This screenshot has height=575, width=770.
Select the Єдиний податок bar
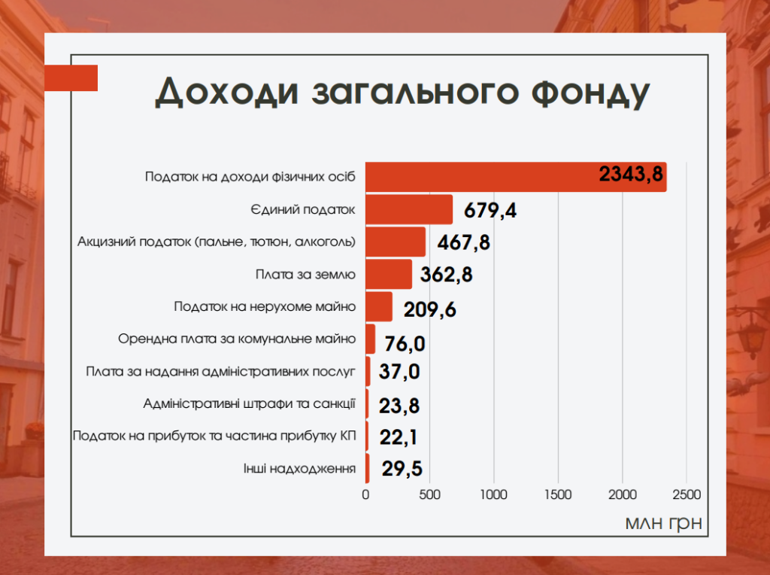pos(409,209)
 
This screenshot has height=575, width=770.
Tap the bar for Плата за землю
pos(389,274)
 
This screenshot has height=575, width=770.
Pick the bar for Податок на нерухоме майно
pos(379,306)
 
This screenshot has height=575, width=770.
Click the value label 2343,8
pos(631,175)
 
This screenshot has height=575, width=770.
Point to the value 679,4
pos(490,210)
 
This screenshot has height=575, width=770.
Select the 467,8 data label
pos(465,242)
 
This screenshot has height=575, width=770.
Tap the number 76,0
pos(405,344)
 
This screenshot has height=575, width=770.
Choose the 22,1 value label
pos(399,437)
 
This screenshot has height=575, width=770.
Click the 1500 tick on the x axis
pos(558,494)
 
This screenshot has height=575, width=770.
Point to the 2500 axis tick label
pos(686,494)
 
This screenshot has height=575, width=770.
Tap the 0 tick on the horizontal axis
pos(366,494)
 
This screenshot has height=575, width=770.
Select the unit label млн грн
pos(663,522)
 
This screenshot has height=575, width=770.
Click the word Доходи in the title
pos(215,91)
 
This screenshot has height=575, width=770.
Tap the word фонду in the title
pos(580,91)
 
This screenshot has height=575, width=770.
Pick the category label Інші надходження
pos(299,468)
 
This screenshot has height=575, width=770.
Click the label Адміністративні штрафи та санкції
pos(249,403)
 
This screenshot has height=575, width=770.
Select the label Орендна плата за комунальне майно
pos(237,339)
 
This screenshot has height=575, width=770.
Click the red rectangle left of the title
pos(72,78)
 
